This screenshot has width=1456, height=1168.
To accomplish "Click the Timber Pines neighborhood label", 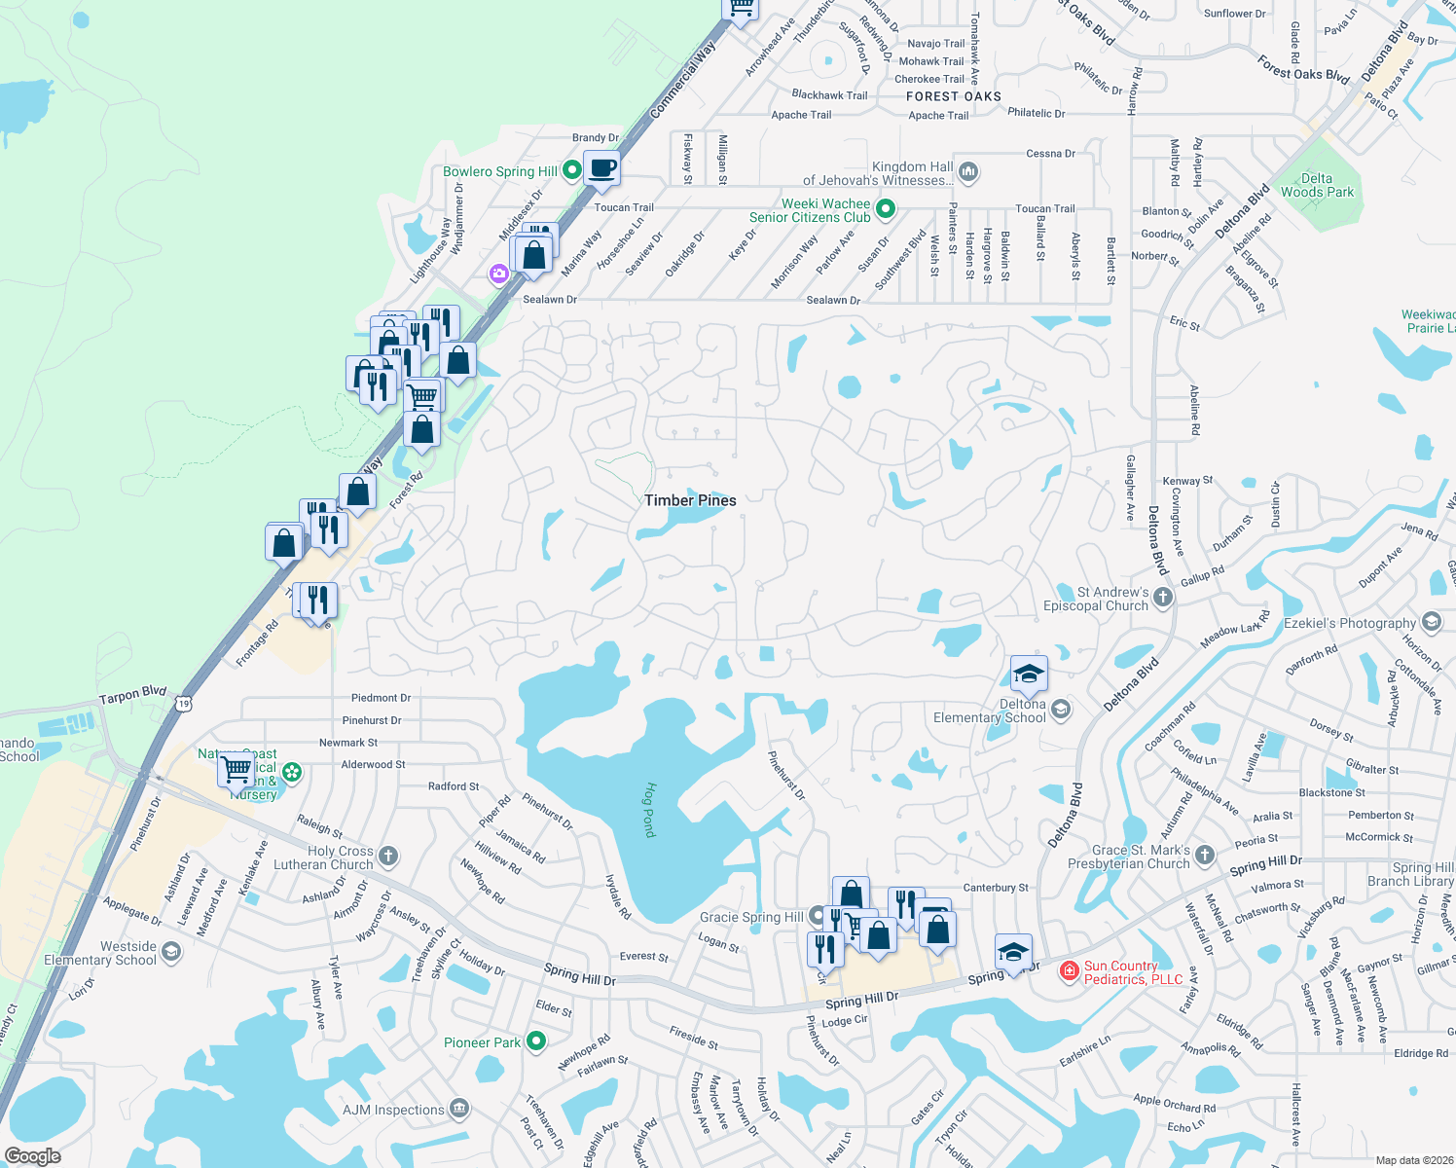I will coord(690,500).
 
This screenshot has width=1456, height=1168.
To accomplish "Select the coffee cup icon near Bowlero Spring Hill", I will coord(602,167).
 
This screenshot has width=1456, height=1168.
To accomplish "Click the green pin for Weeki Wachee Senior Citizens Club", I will coord(886,208).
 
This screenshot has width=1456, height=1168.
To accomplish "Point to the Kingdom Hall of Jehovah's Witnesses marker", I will coord(967,172).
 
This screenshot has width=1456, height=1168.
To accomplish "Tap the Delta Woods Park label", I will coord(1317,185).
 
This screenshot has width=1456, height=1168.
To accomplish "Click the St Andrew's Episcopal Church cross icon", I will coord(1163,598).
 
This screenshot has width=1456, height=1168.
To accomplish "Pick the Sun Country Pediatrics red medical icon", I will coord(1070,970).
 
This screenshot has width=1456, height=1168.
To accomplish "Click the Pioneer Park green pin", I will coord(536,1042).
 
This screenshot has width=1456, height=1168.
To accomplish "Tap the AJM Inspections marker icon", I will coord(459,1109).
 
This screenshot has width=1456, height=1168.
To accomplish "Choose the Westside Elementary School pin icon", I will coord(171,951).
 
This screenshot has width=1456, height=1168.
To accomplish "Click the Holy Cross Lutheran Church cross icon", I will coord(388,856).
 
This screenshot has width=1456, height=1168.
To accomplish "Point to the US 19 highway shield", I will coord(184,703).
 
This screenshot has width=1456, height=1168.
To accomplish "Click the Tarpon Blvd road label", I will coord(133,695).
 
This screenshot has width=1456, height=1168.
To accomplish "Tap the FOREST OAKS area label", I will coord(953,96).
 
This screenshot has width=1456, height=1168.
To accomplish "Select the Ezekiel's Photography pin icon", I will coord(1431,622).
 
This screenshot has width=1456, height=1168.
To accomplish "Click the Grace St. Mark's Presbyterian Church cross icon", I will coord(1205,855).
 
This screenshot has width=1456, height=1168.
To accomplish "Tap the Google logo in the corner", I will coord(33,1156).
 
